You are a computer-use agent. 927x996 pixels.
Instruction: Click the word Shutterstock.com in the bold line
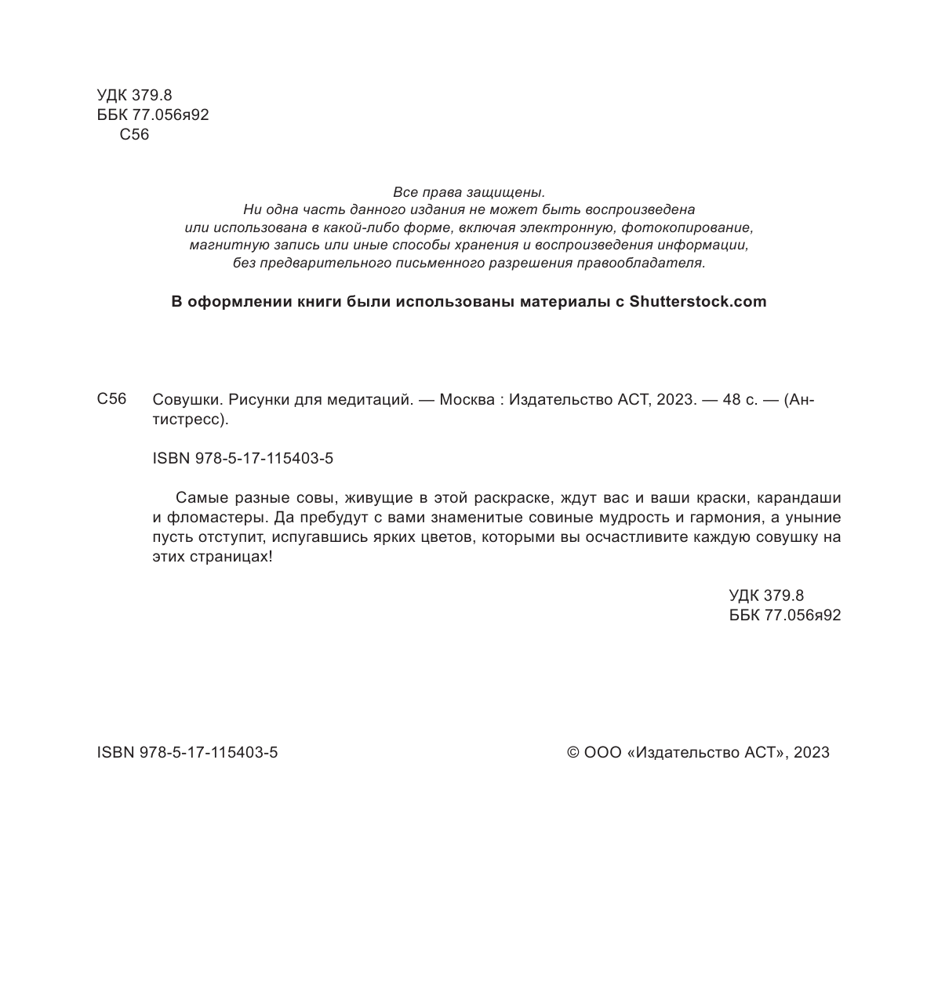tap(698, 302)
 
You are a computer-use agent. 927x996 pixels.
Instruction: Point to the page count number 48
tap(732, 400)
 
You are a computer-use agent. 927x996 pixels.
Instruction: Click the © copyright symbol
tap(573, 753)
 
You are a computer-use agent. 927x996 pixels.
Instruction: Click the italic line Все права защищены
tap(468, 192)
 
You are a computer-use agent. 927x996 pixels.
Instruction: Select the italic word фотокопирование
tap(687, 228)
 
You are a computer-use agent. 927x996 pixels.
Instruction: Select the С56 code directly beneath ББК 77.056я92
tap(134, 135)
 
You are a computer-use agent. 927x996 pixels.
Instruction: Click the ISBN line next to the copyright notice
tap(187, 753)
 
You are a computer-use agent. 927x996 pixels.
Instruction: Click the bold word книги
tap(320, 302)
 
